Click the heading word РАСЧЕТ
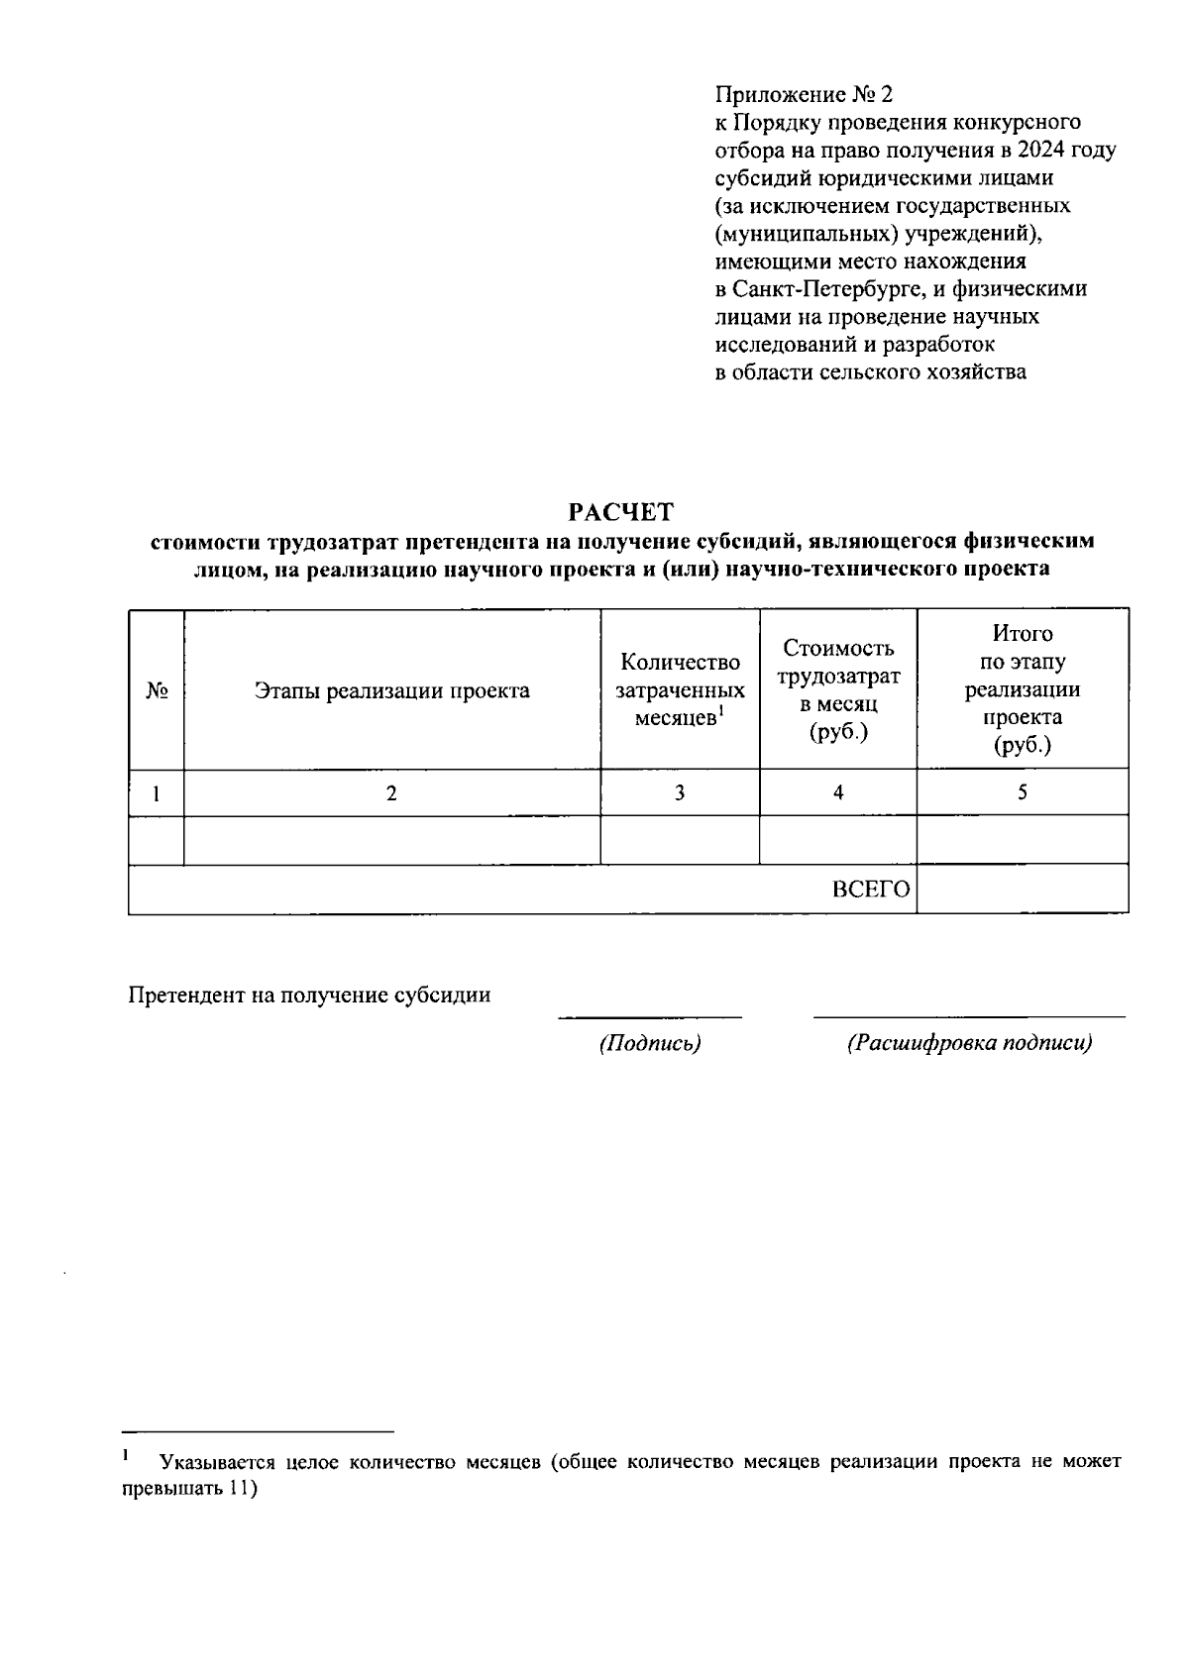[620, 512]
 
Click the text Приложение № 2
[804, 95]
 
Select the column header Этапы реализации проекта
[391, 690]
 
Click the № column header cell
[156, 690]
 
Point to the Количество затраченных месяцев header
[680, 690]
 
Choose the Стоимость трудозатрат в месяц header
[838, 690]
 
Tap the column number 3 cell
[680, 792]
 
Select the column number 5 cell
[1023, 792]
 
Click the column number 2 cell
[391, 792]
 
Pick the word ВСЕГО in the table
[870, 890]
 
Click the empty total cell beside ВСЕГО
[1023, 889]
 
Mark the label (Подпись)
[650, 1043]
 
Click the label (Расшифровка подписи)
[969, 1043]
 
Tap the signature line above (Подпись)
[650, 1016]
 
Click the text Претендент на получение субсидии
[309, 996]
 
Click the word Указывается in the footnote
[216, 1462]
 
